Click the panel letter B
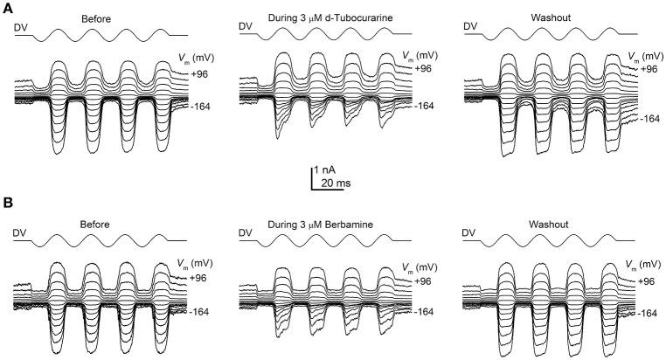pos(7,204)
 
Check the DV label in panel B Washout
pos(470,233)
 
